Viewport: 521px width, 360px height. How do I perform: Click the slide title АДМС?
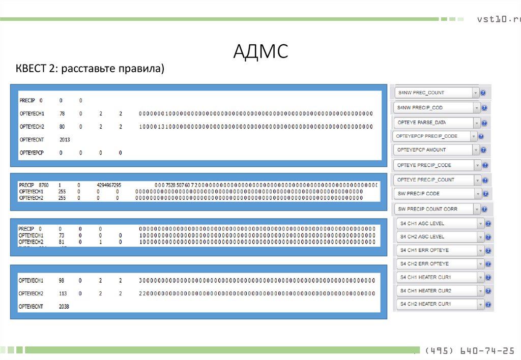coord(260,51)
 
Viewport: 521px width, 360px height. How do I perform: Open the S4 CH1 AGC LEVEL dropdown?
coord(441,224)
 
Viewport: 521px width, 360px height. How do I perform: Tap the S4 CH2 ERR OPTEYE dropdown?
coord(441,264)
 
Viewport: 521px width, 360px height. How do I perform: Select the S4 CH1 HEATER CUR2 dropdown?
coord(441,291)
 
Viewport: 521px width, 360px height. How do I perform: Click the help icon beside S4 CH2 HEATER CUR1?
coord(488,304)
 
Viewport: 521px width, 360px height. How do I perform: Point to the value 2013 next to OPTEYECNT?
coord(65,139)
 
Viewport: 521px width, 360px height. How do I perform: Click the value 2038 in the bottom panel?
coord(64,307)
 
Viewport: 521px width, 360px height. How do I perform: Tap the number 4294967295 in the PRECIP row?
coord(109,185)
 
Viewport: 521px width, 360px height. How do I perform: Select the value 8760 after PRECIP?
coord(46,185)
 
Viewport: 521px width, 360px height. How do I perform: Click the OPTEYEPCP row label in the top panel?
coord(32,153)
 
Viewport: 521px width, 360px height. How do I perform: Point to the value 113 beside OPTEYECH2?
coord(64,293)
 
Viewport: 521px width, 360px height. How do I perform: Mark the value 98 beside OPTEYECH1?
coord(62,281)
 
